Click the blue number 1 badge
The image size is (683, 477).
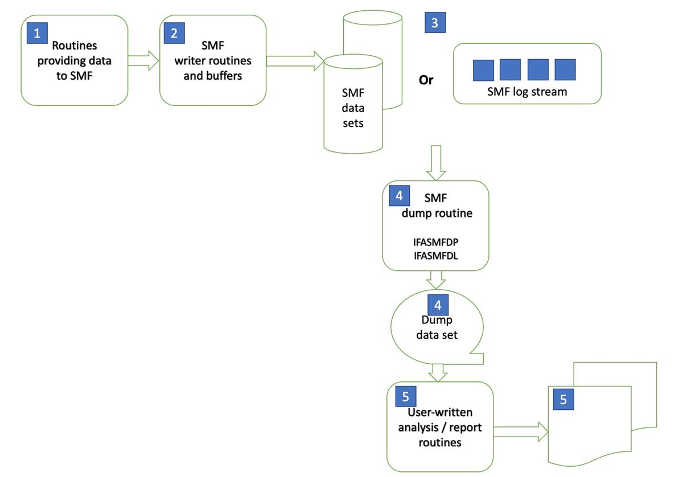click(x=38, y=34)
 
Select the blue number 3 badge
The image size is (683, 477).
click(x=435, y=23)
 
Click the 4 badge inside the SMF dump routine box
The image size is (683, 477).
click(x=399, y=196)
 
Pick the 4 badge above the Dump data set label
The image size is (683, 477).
click(x=438, y=305)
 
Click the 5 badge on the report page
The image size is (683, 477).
click(x=563, y=399)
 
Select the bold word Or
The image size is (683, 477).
click(x=426, y=80)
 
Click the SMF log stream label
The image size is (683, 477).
click(x=527, y=91)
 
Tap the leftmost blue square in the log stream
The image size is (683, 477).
click(x=483, y=69)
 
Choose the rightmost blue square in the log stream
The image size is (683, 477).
click(x=565, y=69)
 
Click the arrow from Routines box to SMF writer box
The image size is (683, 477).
click(x=143, y=60)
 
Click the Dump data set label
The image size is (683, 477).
click(x=437, y=328)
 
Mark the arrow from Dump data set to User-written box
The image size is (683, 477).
click(x=437, y=372)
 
